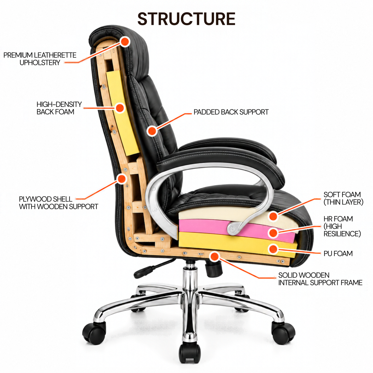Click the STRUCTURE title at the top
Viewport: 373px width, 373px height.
coord(186,19)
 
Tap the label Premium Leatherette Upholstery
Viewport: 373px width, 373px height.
coord(40,59)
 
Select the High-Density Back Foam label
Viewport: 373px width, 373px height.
coord(59,108)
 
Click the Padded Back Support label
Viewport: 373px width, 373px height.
coord(231,112)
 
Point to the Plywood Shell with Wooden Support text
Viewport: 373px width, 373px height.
coord(58,203)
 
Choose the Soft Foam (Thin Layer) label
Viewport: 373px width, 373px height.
coord(343,198)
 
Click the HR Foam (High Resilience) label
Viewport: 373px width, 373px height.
coord(342,226)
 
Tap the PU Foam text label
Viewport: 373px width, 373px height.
coord(338,253)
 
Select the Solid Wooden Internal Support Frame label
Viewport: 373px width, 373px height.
coord(320,279)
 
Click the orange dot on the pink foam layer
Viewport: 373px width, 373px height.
coord(273,233)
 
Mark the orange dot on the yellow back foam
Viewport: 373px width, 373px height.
coord(120,108)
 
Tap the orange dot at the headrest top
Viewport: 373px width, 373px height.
coord(125,42)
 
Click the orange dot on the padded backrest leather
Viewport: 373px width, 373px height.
coord(152,131)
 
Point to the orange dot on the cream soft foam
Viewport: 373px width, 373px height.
coord(273,216)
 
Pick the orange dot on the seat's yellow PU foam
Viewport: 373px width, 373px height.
coord(273,249)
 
